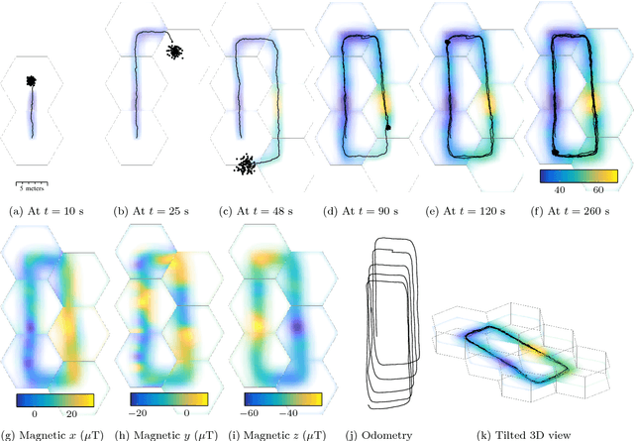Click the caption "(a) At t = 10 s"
point(47,211)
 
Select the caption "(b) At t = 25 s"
point(151,211)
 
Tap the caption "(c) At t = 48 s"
point(256,211)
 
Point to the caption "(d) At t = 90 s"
point(361,211)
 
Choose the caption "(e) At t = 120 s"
point(466,211)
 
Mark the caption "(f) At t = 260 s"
point(571,211)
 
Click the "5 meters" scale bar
point(32,186)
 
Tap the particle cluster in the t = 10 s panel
point(31,81)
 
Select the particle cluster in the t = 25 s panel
point(174,52)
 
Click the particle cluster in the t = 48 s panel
point(245,165)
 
